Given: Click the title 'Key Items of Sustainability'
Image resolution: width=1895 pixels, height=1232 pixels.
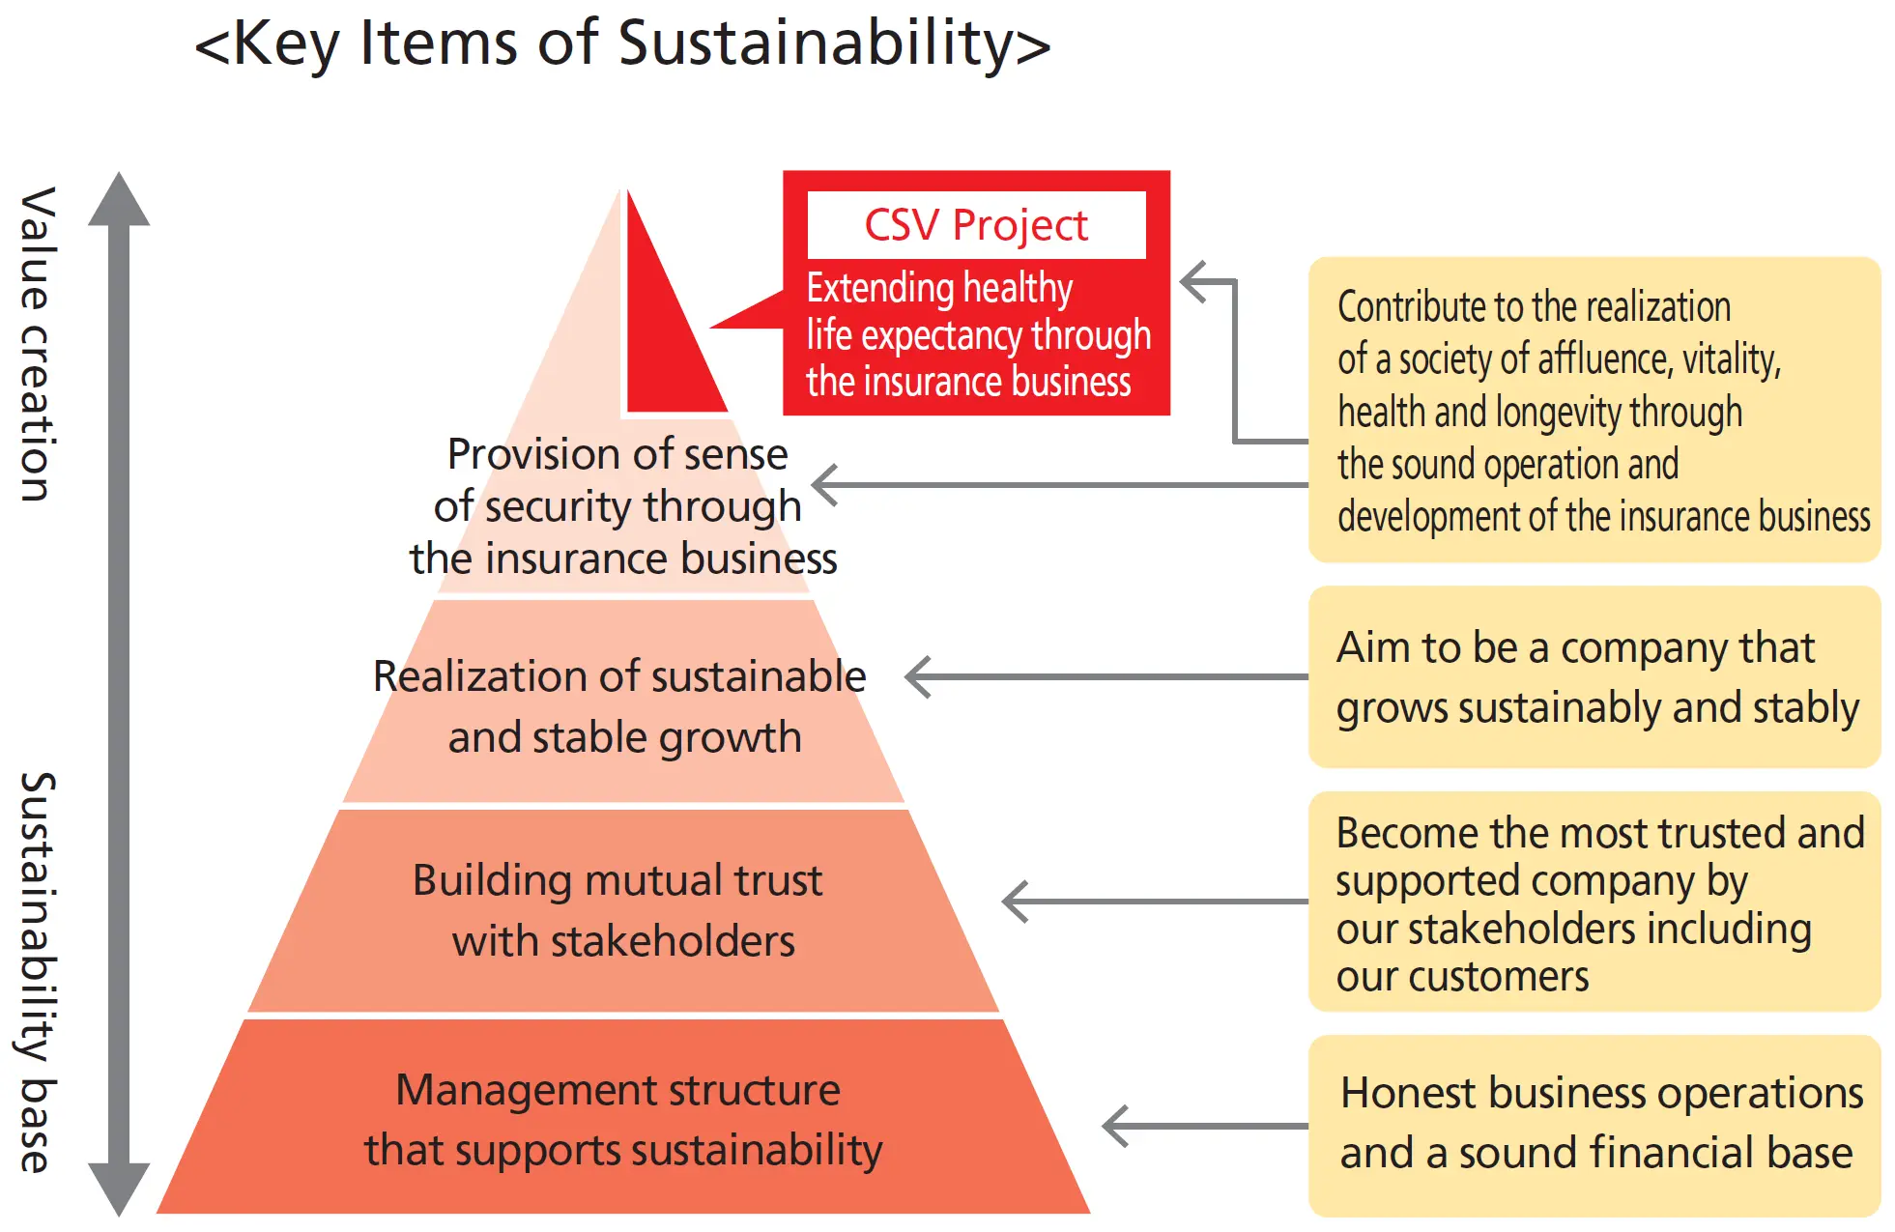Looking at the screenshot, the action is (x=622, y=44).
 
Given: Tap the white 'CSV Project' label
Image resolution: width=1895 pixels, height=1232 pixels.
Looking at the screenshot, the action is (x=976, y=225).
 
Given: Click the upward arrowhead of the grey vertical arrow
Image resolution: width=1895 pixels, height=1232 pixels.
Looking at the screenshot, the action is (x=119, y=199).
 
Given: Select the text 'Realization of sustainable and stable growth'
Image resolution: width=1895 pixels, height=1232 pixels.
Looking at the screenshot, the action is (x=620, y=706).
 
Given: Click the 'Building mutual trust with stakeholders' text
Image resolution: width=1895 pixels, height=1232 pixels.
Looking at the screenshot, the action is (x=618, y=910).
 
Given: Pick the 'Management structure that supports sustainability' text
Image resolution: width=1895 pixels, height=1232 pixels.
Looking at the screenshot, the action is (x=622, y=1120).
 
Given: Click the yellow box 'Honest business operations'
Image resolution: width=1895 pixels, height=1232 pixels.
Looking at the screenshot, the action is (x=1594, y=1125).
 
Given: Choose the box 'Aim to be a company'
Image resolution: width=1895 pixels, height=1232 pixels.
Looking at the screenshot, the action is (x=1594, y=676).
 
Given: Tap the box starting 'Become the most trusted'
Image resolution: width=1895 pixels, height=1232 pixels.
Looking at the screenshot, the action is (x=1594, y=902).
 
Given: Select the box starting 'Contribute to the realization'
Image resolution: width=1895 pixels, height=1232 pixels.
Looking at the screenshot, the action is (x=1594, y=410).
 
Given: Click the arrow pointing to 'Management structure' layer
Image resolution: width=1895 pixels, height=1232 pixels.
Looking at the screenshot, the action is (x=1205, y=1126).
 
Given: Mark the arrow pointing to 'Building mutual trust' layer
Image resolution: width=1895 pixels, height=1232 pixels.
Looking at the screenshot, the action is (x=1155, y=902).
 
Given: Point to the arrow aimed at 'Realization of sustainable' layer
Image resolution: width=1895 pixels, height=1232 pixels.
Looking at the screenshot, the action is (x=1106, y=676).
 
